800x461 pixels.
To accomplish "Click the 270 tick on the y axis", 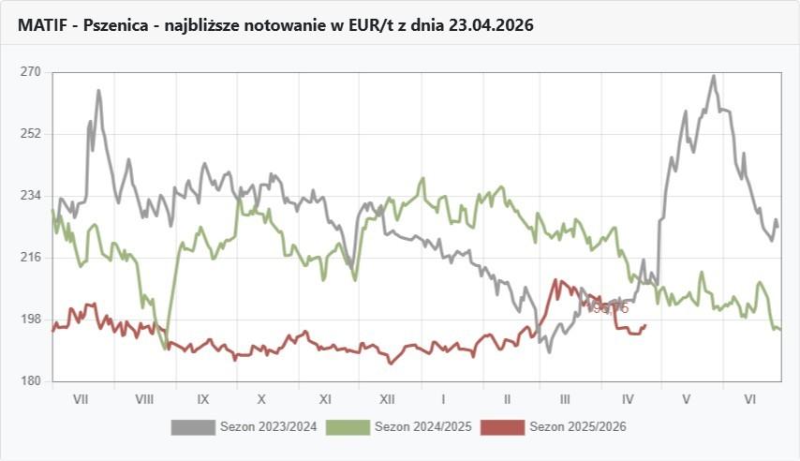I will point(31,72).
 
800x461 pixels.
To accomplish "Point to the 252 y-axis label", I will point(31,134).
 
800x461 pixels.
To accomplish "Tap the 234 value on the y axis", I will point(31,196).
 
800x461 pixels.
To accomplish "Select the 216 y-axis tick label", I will point(31,258).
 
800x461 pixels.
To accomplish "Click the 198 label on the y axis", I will point(31,320).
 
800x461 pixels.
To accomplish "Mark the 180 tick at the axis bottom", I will point(31,381).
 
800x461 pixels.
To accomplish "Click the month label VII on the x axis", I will point(81,399).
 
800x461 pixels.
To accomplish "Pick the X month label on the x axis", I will point(262,399).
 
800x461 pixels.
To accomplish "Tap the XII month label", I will point(386,399).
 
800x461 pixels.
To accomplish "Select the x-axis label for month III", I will point(565,399).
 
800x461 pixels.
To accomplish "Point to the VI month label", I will point(749,399).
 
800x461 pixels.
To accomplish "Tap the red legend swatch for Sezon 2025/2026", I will point(501,427).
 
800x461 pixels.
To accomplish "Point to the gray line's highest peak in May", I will point(713,76).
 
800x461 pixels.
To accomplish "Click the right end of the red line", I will point(645,325).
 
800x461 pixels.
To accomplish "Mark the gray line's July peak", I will point(98,91).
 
